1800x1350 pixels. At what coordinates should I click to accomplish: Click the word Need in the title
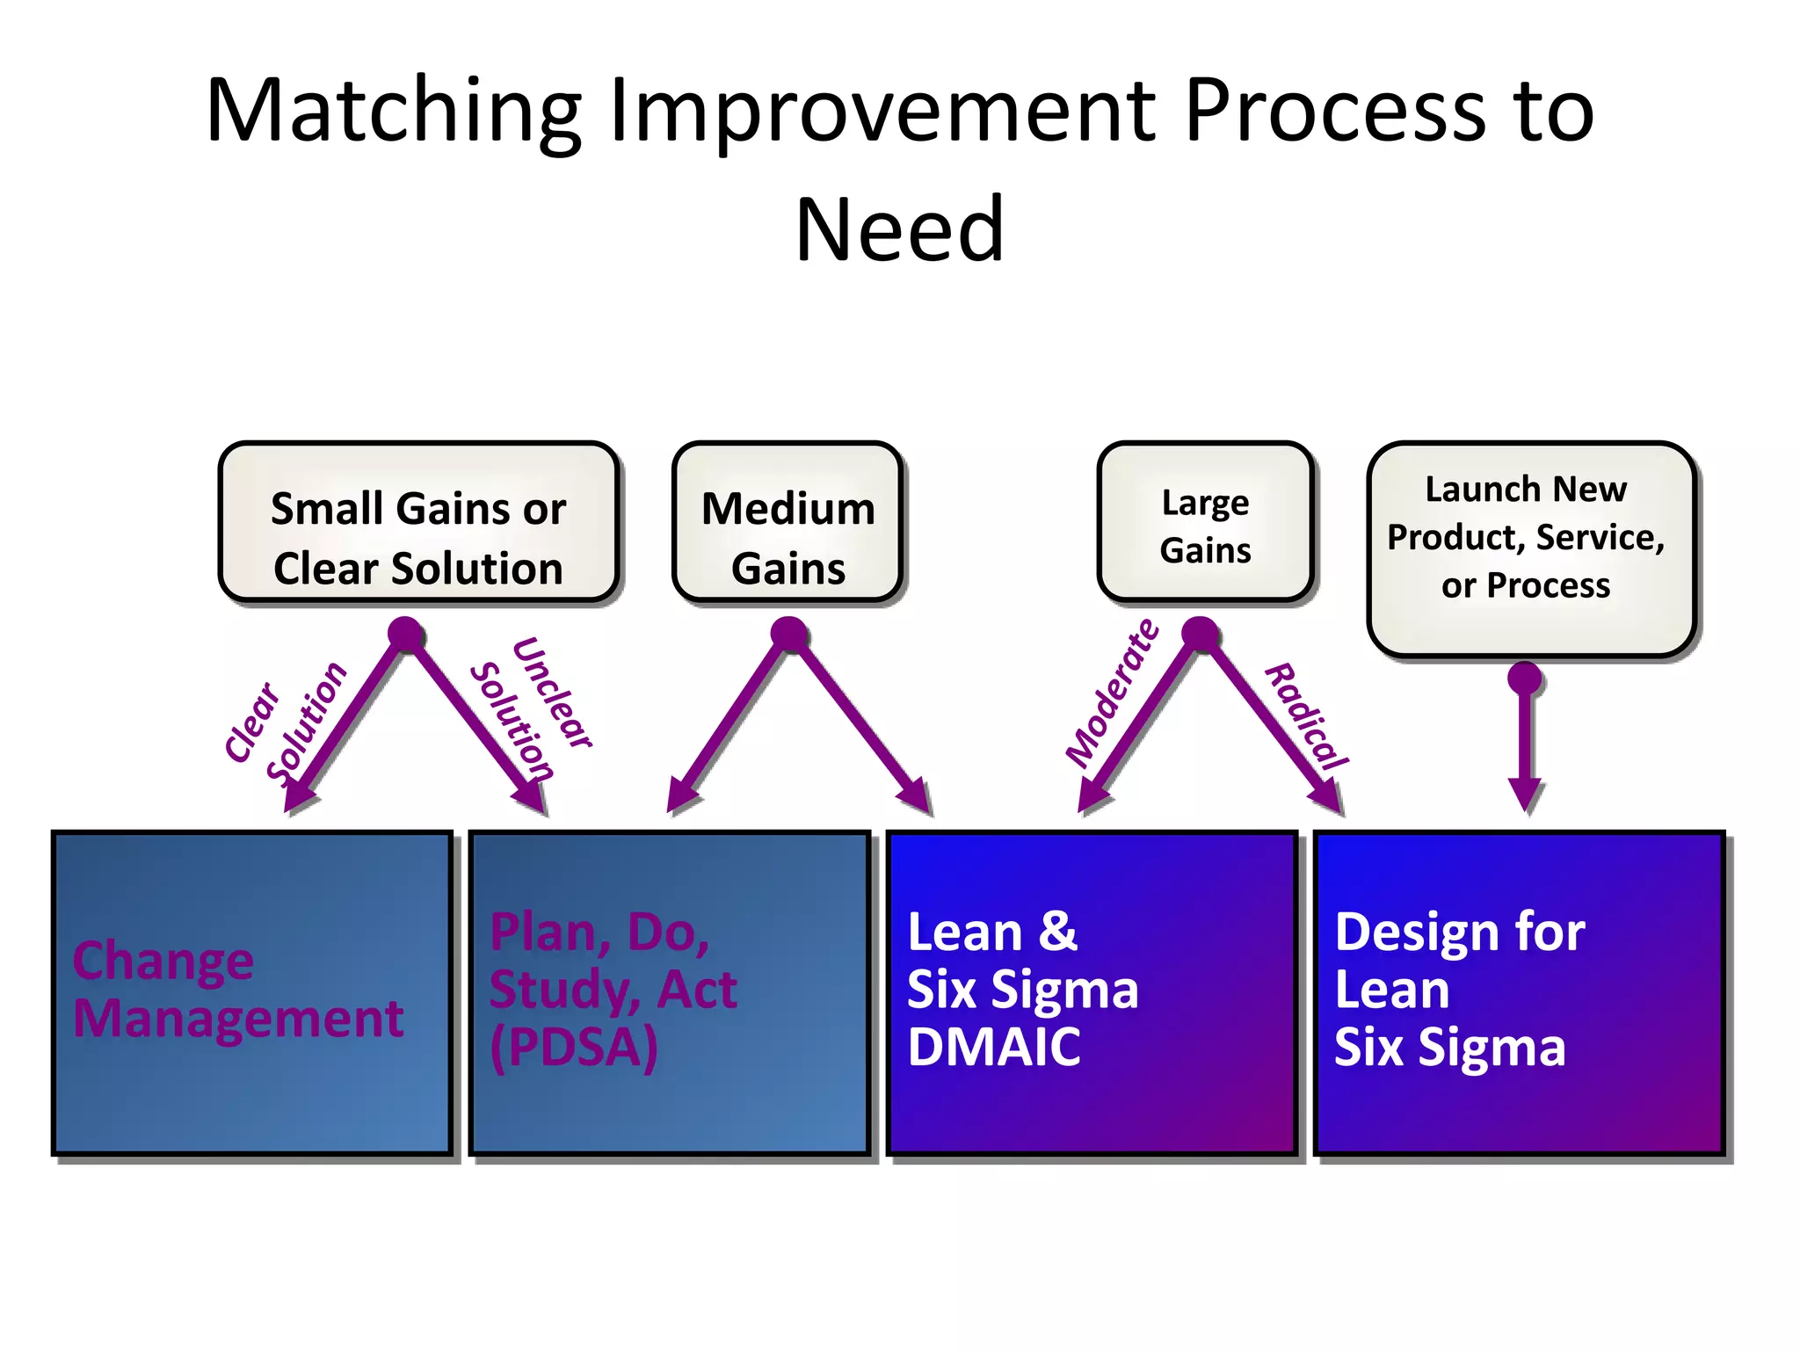tap(899, 230)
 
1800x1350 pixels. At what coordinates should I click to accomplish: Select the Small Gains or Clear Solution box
tap(418, 522)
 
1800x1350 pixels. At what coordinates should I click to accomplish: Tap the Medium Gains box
tap(787, 522)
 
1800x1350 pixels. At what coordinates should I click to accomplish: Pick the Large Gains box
tap(1205, 522)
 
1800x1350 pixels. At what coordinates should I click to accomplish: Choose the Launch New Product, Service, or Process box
tap(1530, 548)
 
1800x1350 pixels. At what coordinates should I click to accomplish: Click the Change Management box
tap(252, 992)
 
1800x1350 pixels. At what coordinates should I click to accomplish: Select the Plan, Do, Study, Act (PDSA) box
tap(670, 992)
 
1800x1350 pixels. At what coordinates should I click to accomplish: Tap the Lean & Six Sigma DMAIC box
tap(1092, 992)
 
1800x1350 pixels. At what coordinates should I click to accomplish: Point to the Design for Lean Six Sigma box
tap(1519, 992)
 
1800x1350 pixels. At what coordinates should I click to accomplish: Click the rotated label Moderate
tap(1112, 693)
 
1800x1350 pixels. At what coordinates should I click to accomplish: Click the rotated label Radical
tap(1306, 717)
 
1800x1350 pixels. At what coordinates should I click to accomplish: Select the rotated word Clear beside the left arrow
tap(251, 722)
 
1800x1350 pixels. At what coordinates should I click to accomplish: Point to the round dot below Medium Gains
tap(788, 633)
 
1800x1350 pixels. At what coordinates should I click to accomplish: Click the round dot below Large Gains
tap(1200, 633)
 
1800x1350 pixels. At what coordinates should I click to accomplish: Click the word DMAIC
tap(994, 1048)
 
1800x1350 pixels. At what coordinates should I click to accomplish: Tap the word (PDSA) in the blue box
tap(574, 1048)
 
